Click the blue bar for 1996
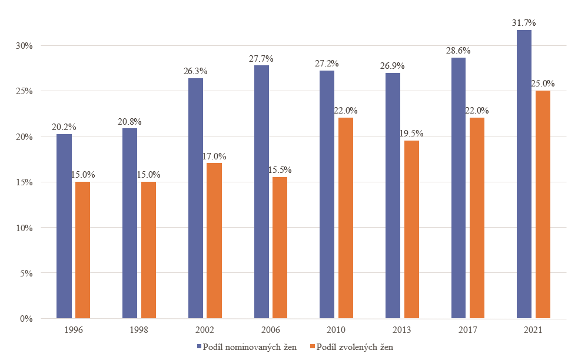tap(64, 226)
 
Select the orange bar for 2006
tap(280, 248)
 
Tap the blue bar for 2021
tap(524, 174)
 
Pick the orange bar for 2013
tap(411, 229)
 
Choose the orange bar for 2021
tap(543, 204)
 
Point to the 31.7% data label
tap(524, 23)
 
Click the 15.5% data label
tap(280, 170)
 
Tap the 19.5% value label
tap(411, 134)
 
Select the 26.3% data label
tap(195, 71)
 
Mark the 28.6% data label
tap(459, 51)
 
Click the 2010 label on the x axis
tap(337, 329)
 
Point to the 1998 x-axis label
tap(139, 329)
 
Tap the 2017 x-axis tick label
tap(468, 329)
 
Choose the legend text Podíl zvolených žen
tap(354, 347)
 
